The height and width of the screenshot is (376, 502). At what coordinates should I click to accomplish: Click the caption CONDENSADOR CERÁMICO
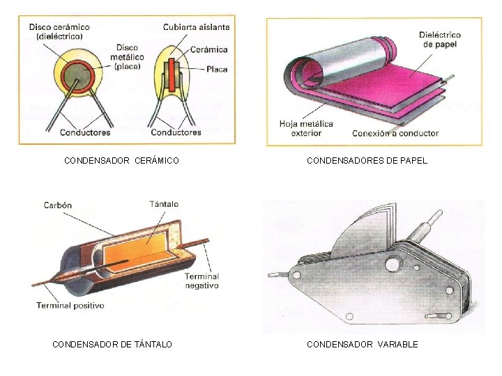[121, 161]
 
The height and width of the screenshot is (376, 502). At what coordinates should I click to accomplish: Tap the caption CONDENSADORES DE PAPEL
[367, 161]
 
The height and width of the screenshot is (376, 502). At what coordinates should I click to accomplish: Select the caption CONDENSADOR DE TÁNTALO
[113, 344]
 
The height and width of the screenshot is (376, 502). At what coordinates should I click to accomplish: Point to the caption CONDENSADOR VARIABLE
[363, 344]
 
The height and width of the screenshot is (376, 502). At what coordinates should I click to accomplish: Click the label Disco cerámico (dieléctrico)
[59, 31]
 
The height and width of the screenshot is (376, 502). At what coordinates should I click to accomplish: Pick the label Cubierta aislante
[196, 27]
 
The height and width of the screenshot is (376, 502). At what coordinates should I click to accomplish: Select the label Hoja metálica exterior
[306, 128]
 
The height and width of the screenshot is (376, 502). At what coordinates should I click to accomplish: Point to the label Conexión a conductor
[395, 133]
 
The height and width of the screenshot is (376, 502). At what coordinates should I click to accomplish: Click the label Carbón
[57, 205]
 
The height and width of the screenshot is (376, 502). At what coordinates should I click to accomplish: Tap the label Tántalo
[164, 204]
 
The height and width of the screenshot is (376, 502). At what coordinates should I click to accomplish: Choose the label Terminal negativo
[201, 281]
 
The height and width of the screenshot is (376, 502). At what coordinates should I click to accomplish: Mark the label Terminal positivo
[70, 306]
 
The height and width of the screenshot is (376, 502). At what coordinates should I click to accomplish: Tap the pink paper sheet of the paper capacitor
[390, 84]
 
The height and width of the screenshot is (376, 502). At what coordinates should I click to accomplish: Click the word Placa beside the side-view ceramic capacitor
[217, 70]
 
